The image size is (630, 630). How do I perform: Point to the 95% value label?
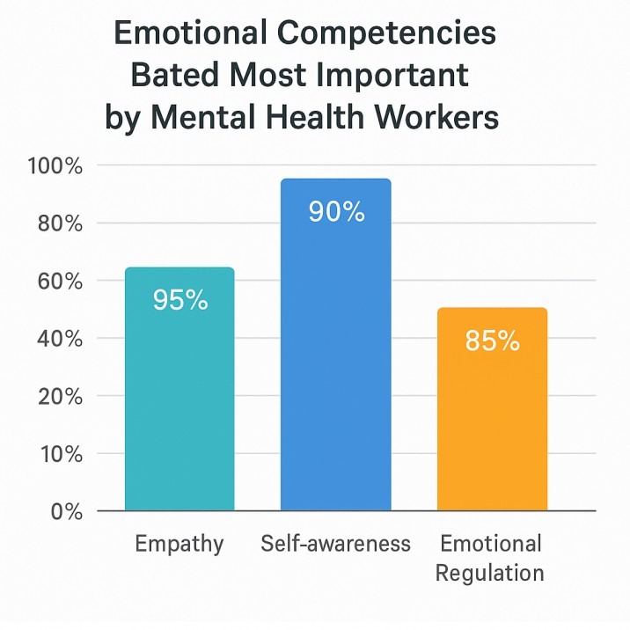coord(180,300)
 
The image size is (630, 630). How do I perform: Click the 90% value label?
coord(336,211)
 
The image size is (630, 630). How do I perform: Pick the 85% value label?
coord(493,341)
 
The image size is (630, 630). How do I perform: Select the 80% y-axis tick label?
coord(59,223)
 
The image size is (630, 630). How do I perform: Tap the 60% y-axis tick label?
coord(59,282)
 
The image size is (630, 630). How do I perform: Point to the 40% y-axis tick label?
coord(59,340)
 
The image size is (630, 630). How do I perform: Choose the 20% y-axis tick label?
coord(59,397)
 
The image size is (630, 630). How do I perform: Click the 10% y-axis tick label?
coord(59,455)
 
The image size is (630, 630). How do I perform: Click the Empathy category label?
coord(179,544)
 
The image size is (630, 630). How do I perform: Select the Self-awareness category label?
coord(336,544)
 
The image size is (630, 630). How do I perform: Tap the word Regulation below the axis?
coord(491,574)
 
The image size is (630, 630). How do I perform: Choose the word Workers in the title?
coord(448,117)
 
